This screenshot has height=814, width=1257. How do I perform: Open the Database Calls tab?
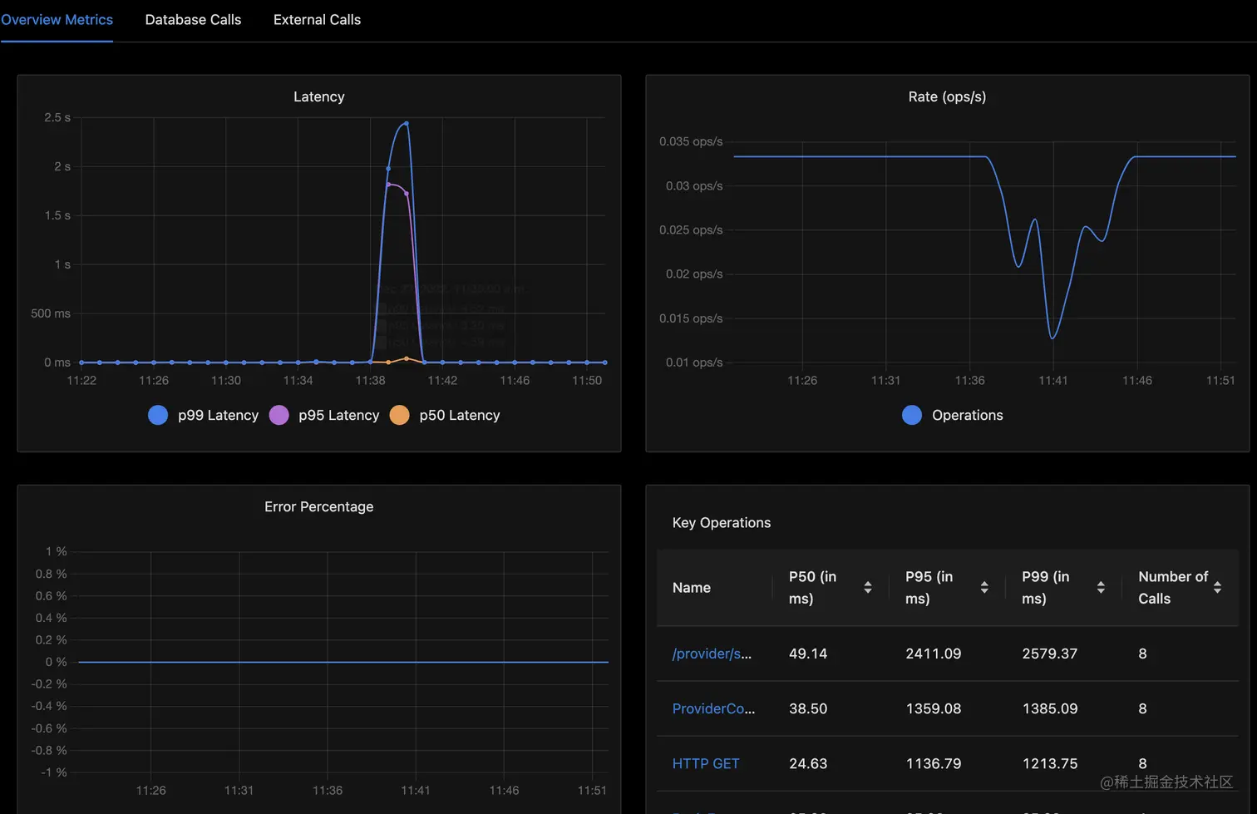point(193,20)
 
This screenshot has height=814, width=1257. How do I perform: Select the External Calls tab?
point(317,20)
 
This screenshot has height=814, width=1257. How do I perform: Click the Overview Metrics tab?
point(57,20)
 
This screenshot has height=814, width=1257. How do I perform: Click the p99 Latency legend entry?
point(204,415)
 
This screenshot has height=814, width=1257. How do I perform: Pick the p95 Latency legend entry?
point(324,415)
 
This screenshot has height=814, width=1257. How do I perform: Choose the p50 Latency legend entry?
point(446,415)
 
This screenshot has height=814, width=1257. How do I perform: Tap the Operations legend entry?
point(953,415)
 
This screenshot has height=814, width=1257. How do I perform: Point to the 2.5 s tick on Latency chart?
point(57,118)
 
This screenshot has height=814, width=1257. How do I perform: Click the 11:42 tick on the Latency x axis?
point(442,381)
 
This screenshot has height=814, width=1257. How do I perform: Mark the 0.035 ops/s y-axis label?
point(691,142)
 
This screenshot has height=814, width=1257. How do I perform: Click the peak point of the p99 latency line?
point(406,123)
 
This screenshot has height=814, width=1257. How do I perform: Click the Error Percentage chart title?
point(318,507)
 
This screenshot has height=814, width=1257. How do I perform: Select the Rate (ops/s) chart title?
point(947,97)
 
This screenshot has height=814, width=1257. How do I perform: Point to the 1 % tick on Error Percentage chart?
point(57,552)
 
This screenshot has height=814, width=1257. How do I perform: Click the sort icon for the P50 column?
point(868,588)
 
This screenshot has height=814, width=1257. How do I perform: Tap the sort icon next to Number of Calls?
point(1217,588)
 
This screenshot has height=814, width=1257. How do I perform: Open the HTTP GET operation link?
point(706,764)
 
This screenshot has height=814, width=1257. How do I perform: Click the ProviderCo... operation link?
point(713,709)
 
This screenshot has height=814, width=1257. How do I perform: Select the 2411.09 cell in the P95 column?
point(933,654)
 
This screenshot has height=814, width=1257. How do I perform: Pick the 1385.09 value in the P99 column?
point(1049,709)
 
